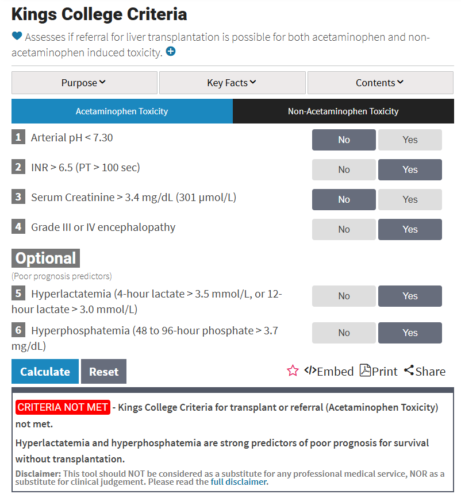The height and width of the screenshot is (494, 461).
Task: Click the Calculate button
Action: [x=45, y=372]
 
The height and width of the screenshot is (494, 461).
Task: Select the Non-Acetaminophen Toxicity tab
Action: [x=343, y=111]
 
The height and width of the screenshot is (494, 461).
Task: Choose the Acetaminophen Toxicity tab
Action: [x=122, y=111]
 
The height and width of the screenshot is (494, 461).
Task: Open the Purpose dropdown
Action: [x=84, y=83]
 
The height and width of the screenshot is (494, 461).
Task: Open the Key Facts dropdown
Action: [x=232, y=83]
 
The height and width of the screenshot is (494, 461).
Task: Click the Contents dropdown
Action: [x=380, y=83]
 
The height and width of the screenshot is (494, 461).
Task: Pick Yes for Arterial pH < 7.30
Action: [x=410, y=140]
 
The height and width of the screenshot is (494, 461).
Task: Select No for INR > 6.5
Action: [x=344, y=169]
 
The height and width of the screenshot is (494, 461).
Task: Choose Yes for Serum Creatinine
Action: [x=410, y=199]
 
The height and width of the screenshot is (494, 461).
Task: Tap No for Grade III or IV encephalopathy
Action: [x=344, y=229]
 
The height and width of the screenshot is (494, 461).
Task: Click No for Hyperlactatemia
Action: [x=344, y=296]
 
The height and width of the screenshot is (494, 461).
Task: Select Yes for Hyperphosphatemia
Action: [x=410, y=333]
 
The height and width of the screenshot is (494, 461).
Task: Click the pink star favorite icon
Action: [x=293, y=371]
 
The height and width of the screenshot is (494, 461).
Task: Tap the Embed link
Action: [x=329, y=371]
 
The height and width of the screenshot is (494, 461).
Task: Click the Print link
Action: [x=378, y=371]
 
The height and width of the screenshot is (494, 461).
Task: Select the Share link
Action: [x=425, y=371]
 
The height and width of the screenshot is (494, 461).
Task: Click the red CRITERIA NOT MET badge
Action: [x=63, y=407]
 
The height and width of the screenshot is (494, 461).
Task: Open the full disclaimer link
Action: [x=239, y=482]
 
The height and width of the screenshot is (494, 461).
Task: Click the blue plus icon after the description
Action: [x=171, y=52]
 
